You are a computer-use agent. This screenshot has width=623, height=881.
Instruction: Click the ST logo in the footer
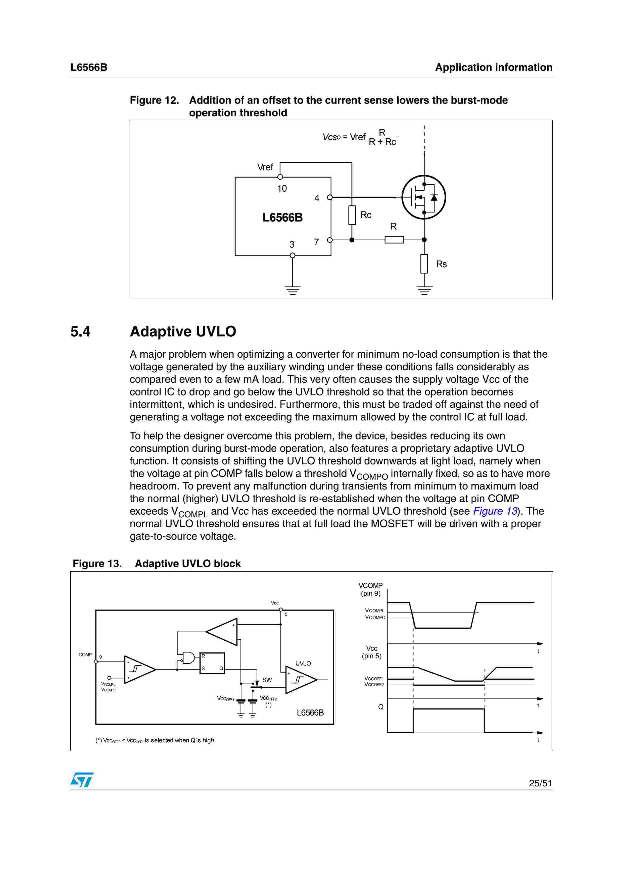[x=82, y=780]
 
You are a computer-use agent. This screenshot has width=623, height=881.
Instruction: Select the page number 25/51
[x=540, y=783]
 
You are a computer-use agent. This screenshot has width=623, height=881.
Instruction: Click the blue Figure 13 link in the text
[x=495, y=511]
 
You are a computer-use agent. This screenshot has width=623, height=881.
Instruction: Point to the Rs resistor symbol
[x=424, y=264]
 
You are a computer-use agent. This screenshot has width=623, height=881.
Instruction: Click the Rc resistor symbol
[x=352, y=215]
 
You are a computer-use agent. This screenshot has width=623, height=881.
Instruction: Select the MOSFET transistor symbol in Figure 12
[x=424, y=197]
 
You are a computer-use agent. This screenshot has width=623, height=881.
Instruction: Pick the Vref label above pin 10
[x=265, y=167]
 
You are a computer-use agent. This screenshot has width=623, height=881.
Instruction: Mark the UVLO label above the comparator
[x=303, y=664]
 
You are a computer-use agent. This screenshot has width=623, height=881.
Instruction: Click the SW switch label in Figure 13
[x=267, y=680]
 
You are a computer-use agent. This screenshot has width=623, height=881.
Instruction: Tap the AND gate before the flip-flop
[x=188, y=658]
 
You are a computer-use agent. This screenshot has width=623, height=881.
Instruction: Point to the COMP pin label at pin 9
[x=85, y=655]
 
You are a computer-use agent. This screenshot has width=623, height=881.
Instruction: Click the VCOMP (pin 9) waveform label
[x=370, y=589]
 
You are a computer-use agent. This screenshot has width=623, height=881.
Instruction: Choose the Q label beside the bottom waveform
[x=381, y=707]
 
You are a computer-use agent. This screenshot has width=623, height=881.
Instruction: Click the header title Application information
[x=494, y=68]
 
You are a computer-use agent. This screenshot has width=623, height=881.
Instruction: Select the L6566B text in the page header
[x=89, y=68]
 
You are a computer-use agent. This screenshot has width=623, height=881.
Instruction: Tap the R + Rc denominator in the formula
[x=382, y=142]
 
